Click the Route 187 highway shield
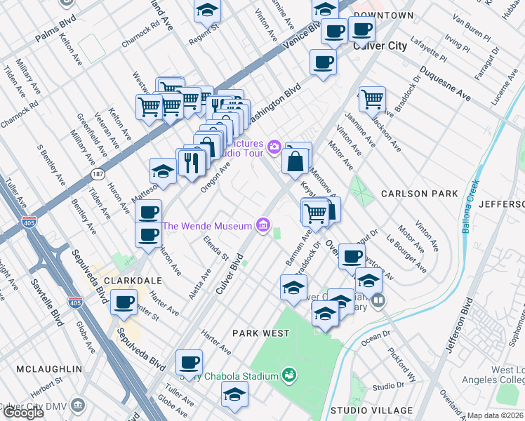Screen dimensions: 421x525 (x=96, y=172)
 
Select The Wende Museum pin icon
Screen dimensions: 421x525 (x=263, y=225)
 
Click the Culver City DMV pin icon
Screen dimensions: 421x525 (x=77, y=405)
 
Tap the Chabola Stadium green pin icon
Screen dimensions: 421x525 (x=287, y=376)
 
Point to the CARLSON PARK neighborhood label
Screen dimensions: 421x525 (x=419, y=193)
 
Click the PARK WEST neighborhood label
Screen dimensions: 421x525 (x=261, y=333)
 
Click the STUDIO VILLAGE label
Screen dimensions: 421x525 (x=371, y=410)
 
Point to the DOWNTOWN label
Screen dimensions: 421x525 (x=383, y=15)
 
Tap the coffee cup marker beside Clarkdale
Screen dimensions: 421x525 (x=124, y=302)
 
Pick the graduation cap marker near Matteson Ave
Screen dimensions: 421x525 (x=163, y=172)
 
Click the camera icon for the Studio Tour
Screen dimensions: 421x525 (x=275, y=146)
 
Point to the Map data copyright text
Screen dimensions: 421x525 (x=495, y=415)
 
